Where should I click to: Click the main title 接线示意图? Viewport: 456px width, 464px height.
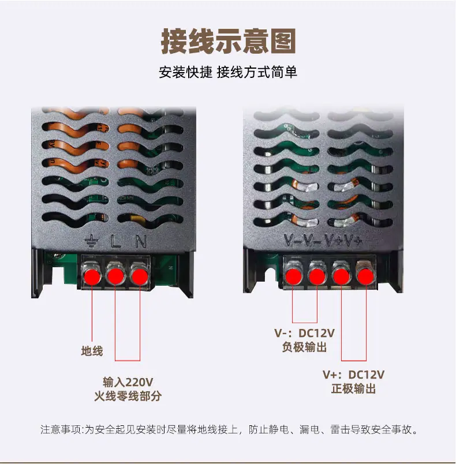[228, 41]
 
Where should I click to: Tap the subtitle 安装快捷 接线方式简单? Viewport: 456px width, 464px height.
[228, 72]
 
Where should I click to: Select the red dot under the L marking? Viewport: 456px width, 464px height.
[115, 276]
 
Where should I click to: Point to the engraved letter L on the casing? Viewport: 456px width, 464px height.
[115, 241]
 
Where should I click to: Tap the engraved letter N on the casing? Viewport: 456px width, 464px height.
[141, 241]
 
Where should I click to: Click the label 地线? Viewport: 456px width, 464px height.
[92, 351]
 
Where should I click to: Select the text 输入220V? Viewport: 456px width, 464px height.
[128, 382]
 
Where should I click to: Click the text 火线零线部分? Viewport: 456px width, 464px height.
[128, 396]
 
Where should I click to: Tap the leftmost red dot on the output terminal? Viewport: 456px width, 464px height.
[293, 276]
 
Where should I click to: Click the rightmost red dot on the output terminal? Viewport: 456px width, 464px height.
[366, 276]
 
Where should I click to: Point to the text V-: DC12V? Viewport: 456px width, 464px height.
[305, 333]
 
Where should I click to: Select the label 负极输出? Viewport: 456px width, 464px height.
[305, 347]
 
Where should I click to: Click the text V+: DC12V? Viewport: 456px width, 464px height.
[354, 375]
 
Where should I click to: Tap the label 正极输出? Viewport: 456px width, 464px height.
[354, 388]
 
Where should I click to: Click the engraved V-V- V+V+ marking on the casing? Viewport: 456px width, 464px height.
[323, 240]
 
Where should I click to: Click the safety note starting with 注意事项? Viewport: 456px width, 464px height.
[229, 429]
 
